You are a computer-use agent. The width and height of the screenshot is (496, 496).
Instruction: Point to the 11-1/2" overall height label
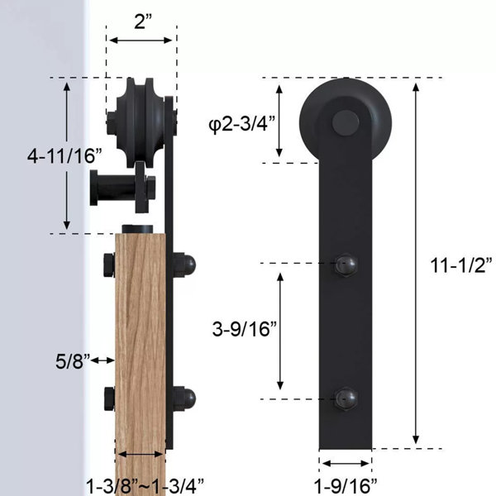(461, 265)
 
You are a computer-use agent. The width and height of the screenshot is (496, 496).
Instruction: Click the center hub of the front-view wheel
(344, 122)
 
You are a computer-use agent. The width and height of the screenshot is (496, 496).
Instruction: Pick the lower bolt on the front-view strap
(344, 398)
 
